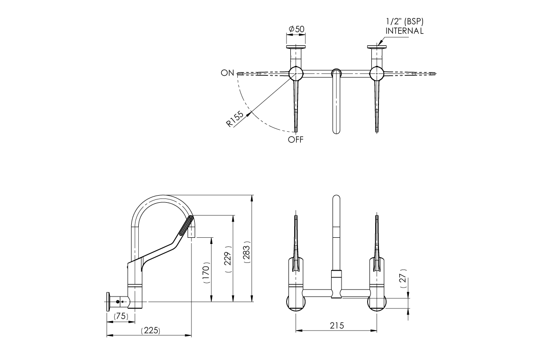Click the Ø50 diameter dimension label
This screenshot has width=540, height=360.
[x=297, y=29]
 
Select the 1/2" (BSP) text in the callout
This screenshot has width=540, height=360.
[x=405, y=22]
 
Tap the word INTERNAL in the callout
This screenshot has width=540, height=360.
[x=405, y=31]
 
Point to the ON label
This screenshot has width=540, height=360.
[x=227, y=73]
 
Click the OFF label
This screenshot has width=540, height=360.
[x=296, y=140]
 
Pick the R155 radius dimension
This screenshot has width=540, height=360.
[x=235, y=119]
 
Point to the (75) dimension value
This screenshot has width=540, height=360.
[x=121, y=316]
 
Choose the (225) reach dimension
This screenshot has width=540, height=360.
[x=150, y=331]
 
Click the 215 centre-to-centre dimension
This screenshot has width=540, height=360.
[x=337, y=325]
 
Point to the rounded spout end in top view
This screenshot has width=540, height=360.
[x=336, y=130]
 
